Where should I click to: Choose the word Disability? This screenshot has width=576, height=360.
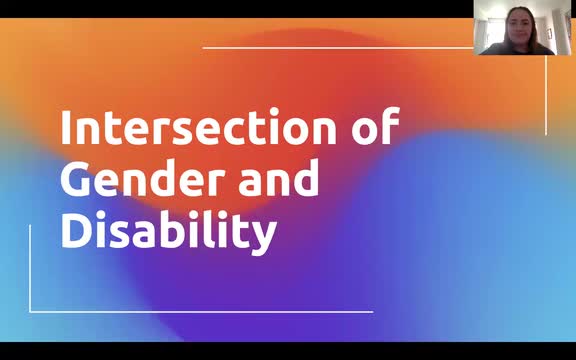[x=167, y=230]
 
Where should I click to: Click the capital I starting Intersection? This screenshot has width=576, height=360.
[x=66, y=131]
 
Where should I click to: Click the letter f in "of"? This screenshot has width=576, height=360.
[x=388, y=129]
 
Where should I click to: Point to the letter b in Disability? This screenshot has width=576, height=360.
[x=169, y=228]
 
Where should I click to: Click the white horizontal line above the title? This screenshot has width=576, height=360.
[x=340, y=47]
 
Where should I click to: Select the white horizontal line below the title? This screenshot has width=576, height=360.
[x=200, y=311]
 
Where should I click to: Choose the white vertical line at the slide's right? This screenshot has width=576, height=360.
[x=546, y=95]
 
